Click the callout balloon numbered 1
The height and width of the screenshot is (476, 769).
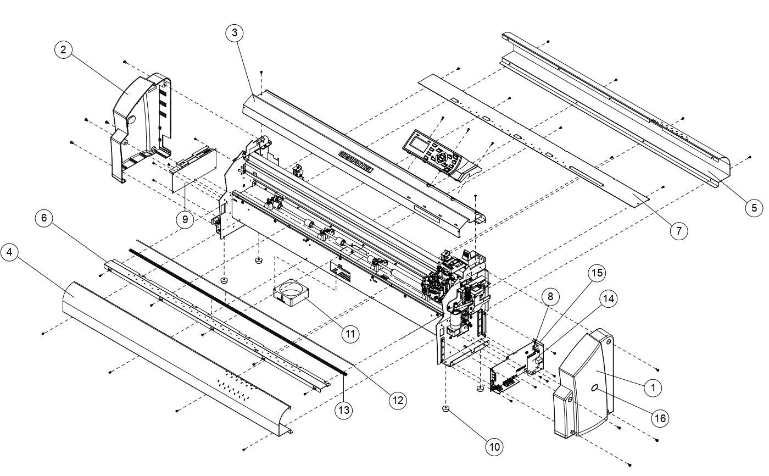(x=653, y=388)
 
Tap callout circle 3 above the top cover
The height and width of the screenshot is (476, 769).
(x=235, y=33)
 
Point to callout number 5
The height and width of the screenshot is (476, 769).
(x=754, y=207)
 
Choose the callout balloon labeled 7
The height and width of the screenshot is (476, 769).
(x=679, y=231)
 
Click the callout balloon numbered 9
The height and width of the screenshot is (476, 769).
(x=185, y=219)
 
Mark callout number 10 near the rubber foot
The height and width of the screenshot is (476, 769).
(x=494, y=446)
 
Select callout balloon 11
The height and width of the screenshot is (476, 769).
(x=349, y=333)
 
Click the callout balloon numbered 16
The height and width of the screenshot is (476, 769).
(x=659, y=418)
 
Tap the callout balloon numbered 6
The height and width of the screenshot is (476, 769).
(x=44, y=218)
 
